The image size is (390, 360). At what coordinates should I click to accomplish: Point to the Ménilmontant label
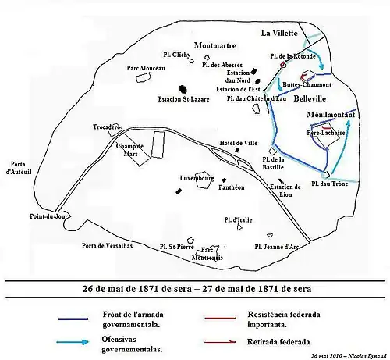330,115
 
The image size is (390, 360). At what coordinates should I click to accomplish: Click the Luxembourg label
197,178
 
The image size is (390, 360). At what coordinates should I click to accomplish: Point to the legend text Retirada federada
282,341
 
